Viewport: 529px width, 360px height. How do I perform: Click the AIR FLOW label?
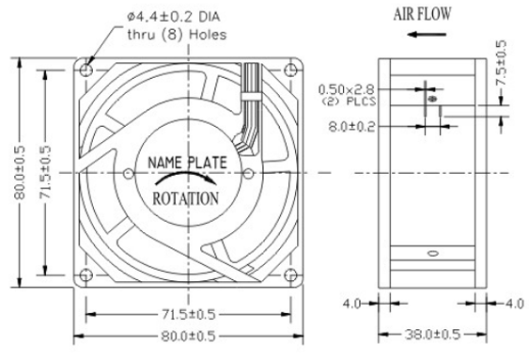tap(422, 14)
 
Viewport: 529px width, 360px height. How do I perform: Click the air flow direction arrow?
tap(427, 34)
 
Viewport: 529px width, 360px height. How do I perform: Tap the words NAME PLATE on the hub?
tap(187, 163)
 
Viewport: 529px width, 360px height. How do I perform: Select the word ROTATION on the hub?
tap(186, 198)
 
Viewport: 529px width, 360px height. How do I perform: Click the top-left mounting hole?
tap(86, 70)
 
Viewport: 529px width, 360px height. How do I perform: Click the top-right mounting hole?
tap(290, 70)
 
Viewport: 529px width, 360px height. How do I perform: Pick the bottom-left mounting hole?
tap(86, 275)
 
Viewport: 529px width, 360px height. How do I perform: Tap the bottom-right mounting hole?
tap(290, 275)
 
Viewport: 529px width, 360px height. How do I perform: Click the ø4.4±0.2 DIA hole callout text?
tap(174, 17)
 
